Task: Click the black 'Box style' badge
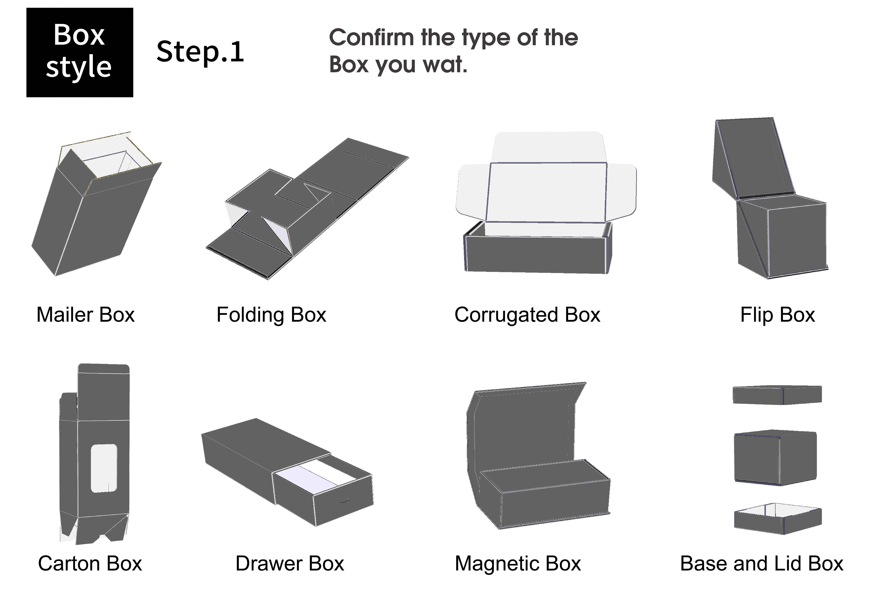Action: pyautogui.click(x=79, y=53)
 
